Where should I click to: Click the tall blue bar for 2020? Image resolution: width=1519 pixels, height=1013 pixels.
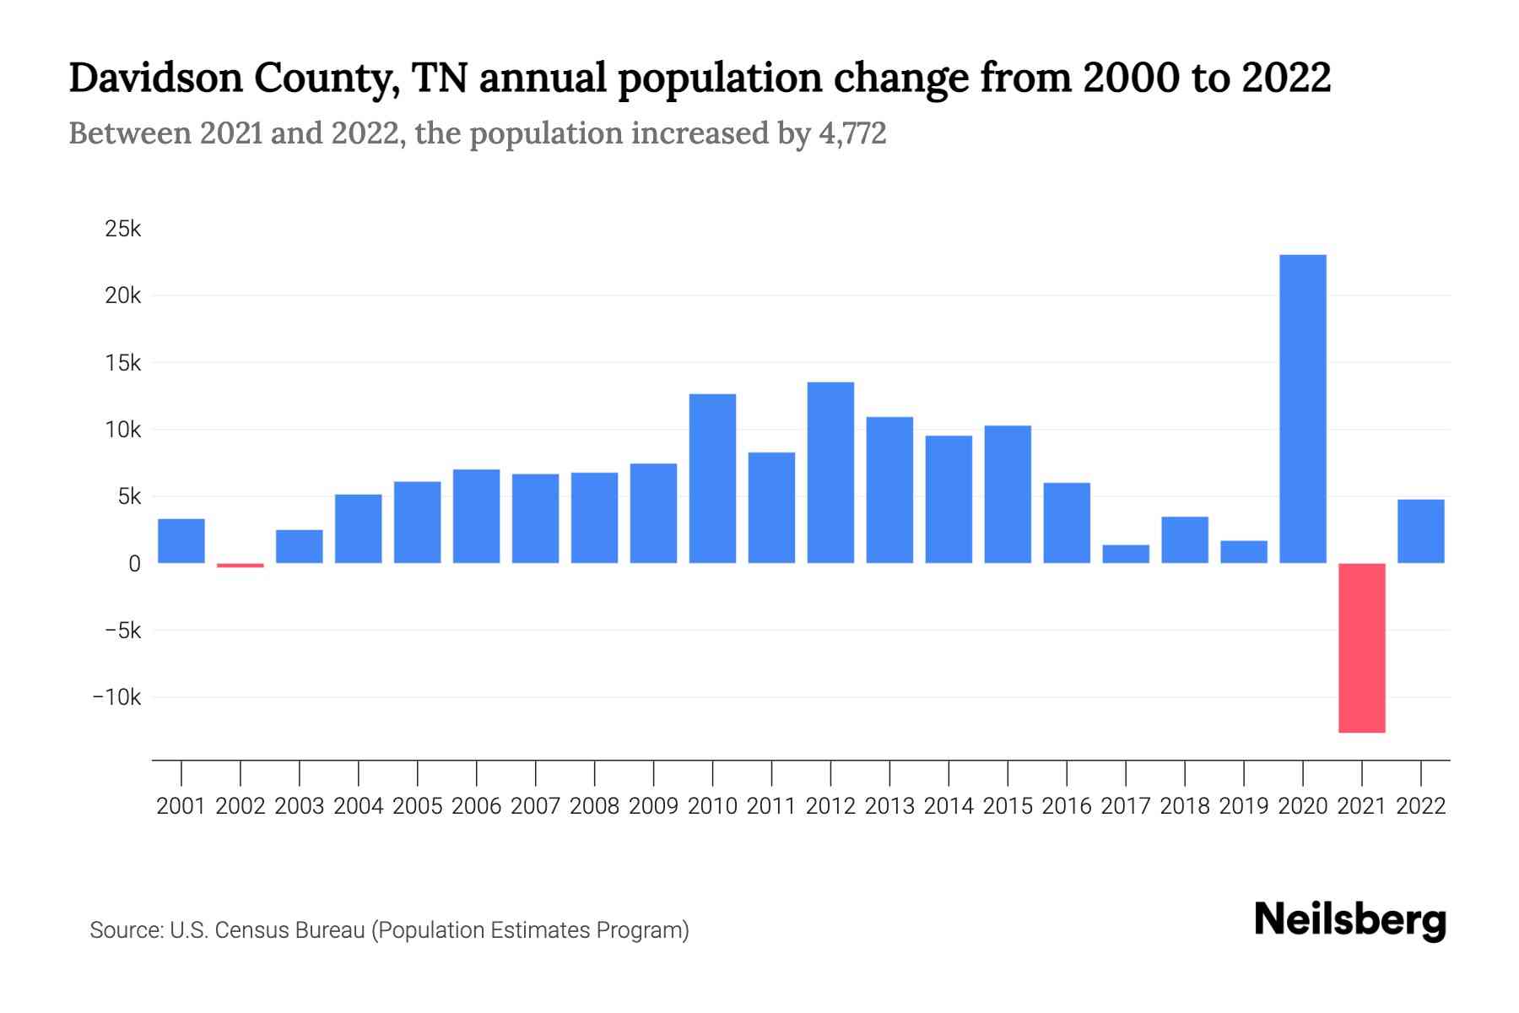click(1302, 409)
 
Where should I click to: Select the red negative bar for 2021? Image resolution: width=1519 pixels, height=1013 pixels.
click(1361, 647)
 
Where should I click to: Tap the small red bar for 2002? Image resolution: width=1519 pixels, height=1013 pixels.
click(241, 565)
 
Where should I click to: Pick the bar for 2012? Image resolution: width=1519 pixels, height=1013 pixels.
click(830, 473)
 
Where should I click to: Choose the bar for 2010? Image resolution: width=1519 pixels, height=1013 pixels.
click(712, 479)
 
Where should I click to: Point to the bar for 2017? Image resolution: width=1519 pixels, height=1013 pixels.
click(1126, 554)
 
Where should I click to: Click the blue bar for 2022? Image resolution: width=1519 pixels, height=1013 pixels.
click(1420, 532)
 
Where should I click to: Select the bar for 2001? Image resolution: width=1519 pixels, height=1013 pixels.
click(181, 541)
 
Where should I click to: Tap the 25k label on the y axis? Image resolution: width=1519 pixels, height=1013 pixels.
click(123, 229)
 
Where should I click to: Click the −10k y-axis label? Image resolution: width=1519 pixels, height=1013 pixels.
click(117, 697)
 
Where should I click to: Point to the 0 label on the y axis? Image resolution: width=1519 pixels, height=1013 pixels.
click(134, 564)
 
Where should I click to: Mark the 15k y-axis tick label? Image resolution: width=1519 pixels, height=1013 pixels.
click(123, 363)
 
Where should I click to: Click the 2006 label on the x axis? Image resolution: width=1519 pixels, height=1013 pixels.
click(476, 806)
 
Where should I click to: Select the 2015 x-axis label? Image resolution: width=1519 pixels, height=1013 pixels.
click(1008, 806)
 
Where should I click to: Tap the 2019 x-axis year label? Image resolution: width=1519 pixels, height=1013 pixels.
click(1244, 806)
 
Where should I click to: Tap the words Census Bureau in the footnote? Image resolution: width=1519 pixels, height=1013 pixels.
click(289, 930)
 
